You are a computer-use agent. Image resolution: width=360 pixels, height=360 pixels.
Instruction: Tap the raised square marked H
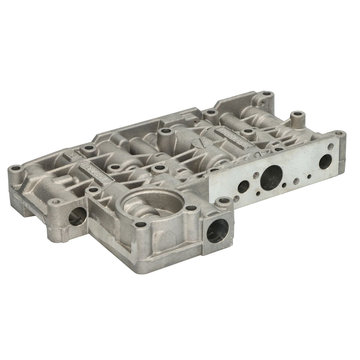pos(72,156)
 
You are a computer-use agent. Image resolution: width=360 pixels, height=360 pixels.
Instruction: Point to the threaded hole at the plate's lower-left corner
pos(236,198)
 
